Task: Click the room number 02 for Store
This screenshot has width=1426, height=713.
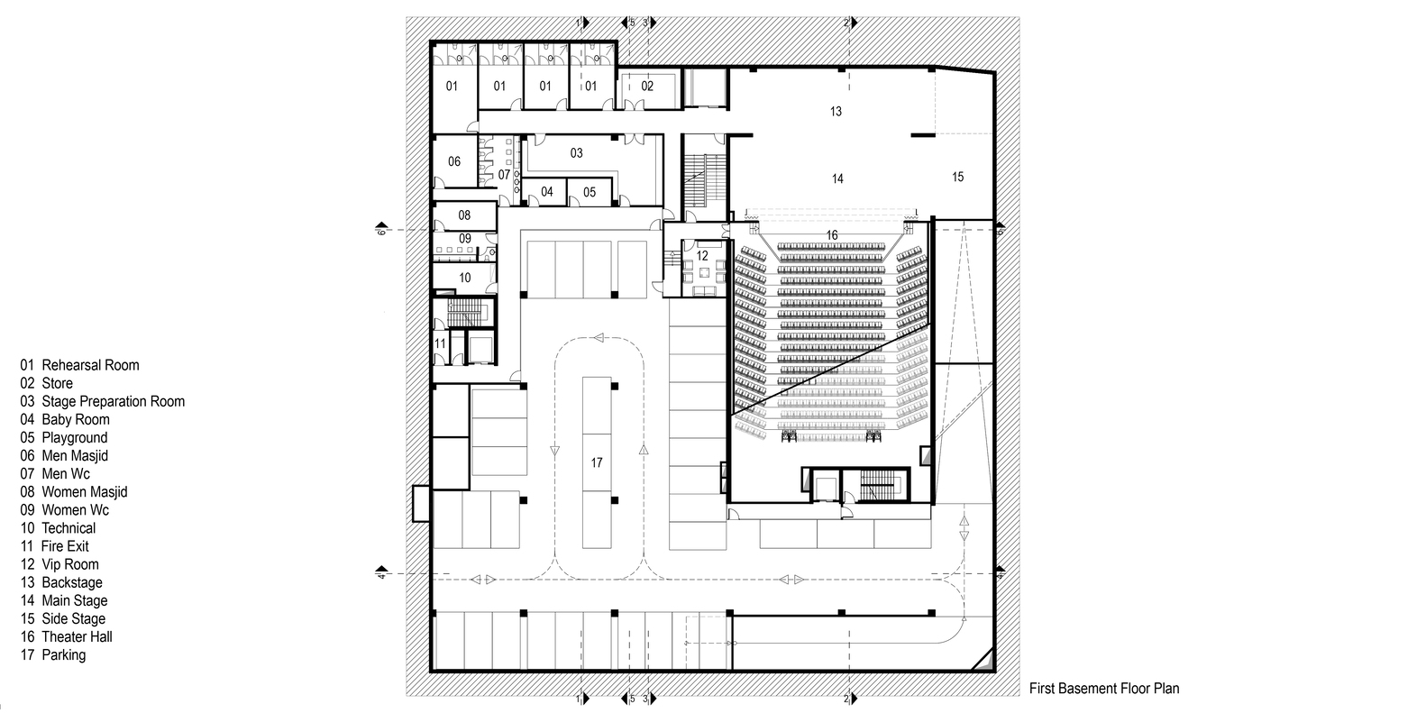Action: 647,87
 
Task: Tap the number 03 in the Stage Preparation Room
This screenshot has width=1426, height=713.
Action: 577,153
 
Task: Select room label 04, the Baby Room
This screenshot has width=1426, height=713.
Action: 547,192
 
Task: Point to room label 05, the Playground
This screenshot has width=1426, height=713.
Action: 590,192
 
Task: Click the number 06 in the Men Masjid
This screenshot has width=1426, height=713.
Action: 454,161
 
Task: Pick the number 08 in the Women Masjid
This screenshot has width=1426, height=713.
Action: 464,215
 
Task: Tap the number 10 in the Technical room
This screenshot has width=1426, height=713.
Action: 464,278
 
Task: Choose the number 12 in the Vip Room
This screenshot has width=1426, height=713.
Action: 702,255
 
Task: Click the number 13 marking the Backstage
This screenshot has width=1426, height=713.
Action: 836,111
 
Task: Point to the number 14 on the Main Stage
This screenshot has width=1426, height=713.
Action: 837,179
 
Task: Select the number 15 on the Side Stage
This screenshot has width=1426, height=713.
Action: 957,177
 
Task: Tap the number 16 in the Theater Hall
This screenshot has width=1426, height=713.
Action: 831,235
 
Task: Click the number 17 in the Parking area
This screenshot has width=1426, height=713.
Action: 596,462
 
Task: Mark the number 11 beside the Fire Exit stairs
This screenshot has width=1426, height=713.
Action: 441,343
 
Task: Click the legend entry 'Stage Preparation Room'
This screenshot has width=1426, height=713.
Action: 113,401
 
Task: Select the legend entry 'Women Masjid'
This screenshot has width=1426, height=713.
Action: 84,491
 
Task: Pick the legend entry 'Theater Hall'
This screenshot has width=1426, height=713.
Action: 77,636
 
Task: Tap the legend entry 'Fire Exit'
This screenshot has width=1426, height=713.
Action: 65,546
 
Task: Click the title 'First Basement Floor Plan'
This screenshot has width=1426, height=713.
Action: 1103,689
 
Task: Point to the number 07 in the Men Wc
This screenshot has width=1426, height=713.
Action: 504,174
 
